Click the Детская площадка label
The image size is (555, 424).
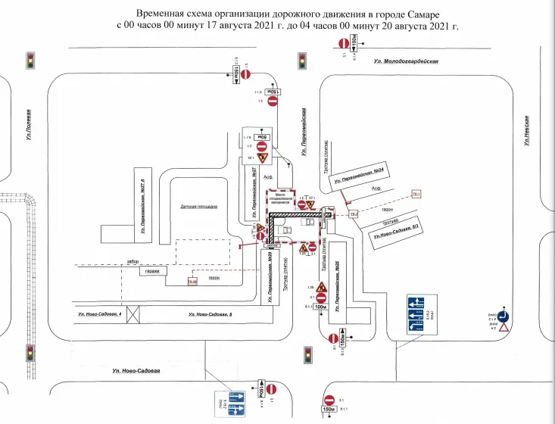click(x=199, y=205)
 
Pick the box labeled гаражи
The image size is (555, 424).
click(x=153, y=271)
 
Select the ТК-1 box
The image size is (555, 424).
click(x=416, y=194)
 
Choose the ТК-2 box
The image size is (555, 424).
click(x=354, y=215)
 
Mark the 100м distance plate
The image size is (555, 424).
click(x=321, y=307)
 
